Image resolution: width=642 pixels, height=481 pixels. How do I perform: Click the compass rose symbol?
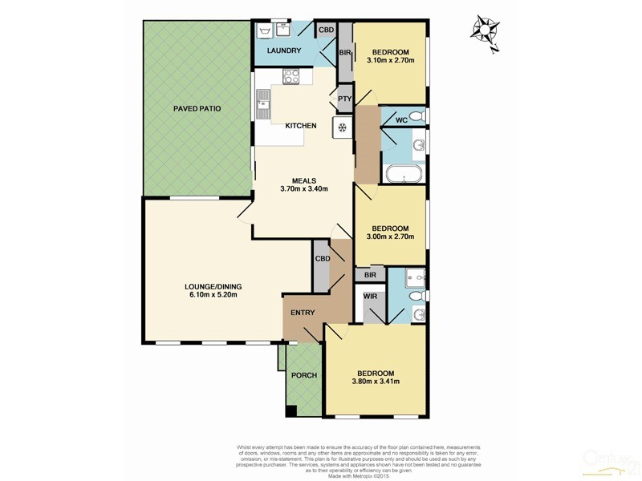(484, 31)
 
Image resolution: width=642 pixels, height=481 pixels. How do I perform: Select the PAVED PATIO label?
(197, 108)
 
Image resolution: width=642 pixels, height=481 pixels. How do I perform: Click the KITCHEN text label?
(300, 126)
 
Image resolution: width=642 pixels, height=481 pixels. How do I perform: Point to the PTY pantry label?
(343, 99)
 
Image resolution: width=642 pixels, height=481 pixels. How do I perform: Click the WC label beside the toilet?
(401, 120)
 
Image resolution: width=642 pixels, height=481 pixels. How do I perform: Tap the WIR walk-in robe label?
(370, 297)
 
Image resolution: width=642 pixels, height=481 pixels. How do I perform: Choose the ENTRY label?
(303, 313)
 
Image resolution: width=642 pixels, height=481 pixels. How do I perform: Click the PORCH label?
(304, 375)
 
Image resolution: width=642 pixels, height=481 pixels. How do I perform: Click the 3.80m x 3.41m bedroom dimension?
(376, 382)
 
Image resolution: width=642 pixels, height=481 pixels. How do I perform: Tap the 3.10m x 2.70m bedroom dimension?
(391, 60)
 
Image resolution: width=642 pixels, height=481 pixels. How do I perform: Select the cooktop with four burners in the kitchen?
(291, 77)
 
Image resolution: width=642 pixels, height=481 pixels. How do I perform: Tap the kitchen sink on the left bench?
(263, 103)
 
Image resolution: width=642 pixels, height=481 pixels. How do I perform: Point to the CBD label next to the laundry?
(326, 30)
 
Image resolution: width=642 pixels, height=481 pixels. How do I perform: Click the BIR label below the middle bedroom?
(370, 275)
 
